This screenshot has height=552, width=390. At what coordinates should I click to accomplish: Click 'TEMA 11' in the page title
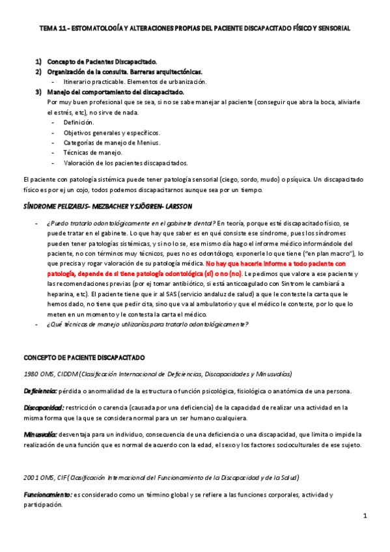[x=51, y=29]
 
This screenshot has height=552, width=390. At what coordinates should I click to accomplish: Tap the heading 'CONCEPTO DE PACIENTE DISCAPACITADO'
[x=85, y=357]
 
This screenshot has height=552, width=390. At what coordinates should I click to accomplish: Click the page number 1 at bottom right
[x=365, y=516]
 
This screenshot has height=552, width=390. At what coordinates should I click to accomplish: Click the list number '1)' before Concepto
[x=39, y=61]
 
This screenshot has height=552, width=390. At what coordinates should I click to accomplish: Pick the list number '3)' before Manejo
[x=39, y=92]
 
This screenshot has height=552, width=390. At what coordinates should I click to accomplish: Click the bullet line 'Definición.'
[x=79, y=122]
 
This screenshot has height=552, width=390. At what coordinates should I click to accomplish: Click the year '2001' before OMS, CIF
[x=31, y=478]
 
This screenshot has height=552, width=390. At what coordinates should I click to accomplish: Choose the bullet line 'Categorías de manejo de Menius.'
[x=111, y=143]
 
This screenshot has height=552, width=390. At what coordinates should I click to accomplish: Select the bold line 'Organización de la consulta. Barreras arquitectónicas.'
[x=124, y=72]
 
